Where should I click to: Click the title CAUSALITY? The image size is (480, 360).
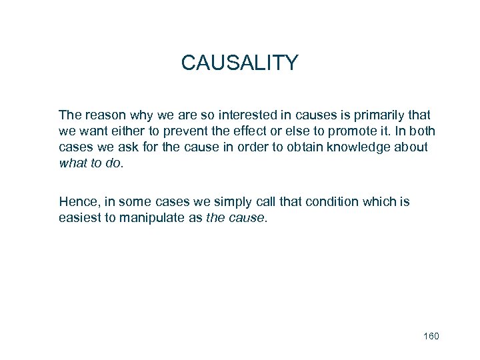pyautogui.click(x=239, y=63)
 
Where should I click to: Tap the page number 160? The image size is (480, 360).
pyautogui.click(x=431, y=336)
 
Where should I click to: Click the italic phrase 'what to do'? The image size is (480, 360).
pyautogui.click(x=90, y=162)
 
